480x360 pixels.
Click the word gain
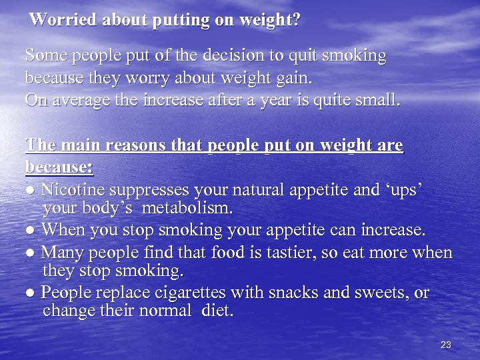pyautogui.click(x=296, y=78)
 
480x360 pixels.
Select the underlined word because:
pyautogui.click(x=59, y=165)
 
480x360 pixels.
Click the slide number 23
pyautogui.click(x=446, y=345)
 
